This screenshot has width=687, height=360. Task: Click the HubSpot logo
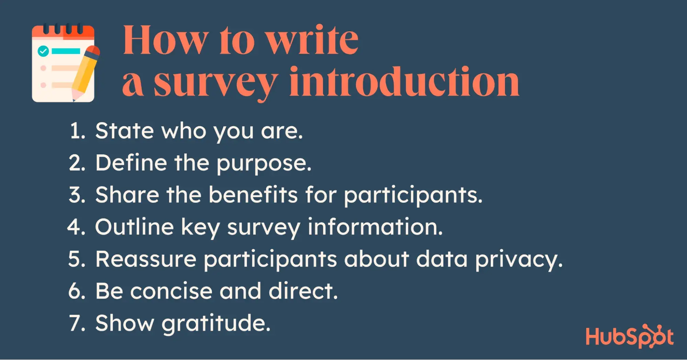pos(630,336)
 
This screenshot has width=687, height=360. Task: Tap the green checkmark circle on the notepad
pos(43,52)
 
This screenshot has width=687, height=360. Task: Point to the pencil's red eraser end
pos(93,51)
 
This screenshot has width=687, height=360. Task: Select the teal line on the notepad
pos(66,51)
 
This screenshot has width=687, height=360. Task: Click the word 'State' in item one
pos(124,131)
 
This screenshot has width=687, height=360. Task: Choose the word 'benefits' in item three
pos(253,195)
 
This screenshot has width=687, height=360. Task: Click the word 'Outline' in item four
pos(134,227)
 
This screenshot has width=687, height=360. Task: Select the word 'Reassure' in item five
pos(146,259)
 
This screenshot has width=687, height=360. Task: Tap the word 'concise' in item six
pos(171,291)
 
